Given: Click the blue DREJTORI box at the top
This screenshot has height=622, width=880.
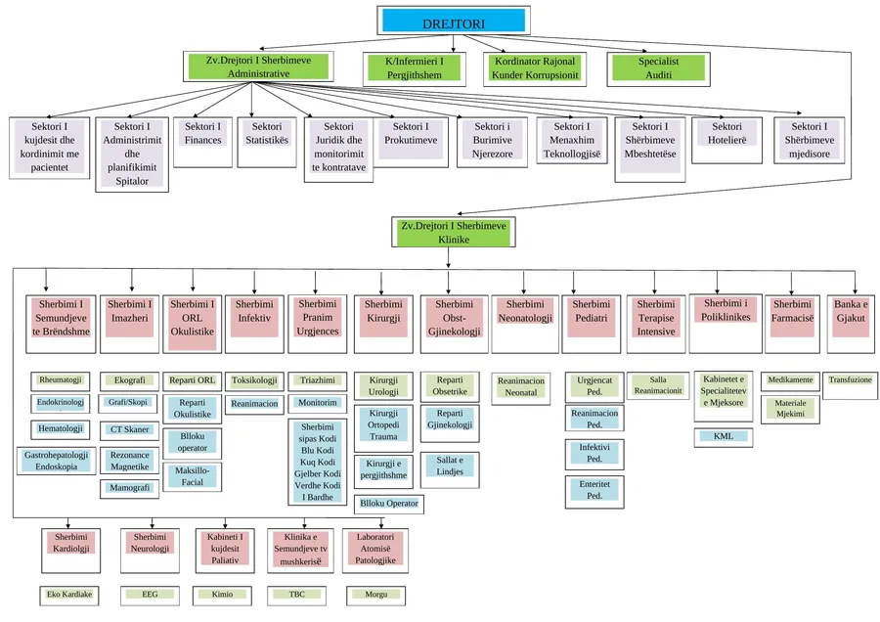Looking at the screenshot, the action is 454,21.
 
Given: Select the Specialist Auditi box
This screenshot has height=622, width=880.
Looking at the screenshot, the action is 658,69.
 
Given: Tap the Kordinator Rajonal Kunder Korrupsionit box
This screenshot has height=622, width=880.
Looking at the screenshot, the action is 535,69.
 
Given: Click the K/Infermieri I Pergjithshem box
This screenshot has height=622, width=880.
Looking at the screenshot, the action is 415,69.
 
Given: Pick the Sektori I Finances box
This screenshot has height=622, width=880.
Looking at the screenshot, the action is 202,142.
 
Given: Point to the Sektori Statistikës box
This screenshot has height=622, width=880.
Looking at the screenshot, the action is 267,142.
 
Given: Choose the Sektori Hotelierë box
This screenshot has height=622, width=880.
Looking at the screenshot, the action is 726,141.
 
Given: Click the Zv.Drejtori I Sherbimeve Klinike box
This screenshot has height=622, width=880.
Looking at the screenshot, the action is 454,233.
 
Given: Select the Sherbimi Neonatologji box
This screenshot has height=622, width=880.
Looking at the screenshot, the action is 525,324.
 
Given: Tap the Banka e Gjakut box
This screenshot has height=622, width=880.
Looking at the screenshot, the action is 851,324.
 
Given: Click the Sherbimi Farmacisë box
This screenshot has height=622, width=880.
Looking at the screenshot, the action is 792,324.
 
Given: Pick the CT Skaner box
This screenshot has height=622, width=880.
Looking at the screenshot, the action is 130,430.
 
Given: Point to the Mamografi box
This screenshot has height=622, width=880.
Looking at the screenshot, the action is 130,489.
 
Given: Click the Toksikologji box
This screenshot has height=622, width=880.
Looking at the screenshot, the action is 254,381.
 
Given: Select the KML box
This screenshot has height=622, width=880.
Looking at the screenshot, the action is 724,437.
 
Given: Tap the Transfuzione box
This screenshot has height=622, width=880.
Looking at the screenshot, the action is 851,385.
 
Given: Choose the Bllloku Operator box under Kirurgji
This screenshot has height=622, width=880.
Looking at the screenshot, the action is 389,504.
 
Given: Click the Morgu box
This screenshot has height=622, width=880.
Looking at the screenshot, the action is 375,596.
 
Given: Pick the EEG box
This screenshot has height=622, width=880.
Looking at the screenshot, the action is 150,596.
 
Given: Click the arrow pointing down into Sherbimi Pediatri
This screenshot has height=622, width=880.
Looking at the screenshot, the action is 574,283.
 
